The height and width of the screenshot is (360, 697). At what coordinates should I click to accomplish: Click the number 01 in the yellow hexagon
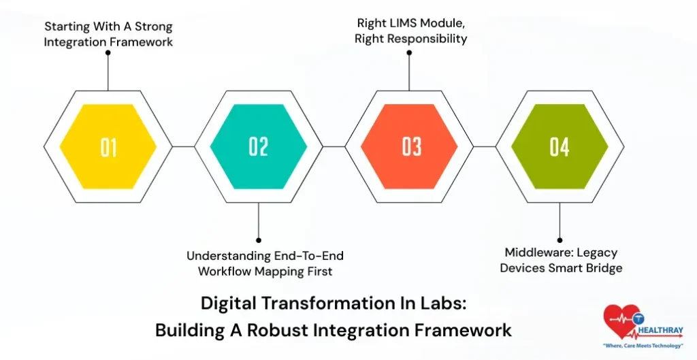click(x=109, y=147)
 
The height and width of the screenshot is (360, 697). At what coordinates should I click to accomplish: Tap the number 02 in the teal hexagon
click(x=259, y=146)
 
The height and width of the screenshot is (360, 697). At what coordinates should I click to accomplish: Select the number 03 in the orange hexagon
click(x=411, y=146)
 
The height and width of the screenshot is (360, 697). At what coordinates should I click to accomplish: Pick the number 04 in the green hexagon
click(x=560, y=146)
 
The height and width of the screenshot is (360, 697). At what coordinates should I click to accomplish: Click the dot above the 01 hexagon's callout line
click(x=108, y=52)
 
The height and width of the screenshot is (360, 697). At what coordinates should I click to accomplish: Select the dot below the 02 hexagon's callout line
click(x=259, y=240)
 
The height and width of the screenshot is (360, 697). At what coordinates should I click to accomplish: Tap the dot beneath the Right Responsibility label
click(x=409, y=51)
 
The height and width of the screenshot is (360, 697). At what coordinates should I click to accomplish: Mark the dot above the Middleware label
click(x=560, y=240)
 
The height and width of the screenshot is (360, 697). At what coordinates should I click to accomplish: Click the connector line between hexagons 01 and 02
click(x=183, y=146)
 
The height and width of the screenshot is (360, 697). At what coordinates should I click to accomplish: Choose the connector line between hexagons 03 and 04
click(x=484, y=146)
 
